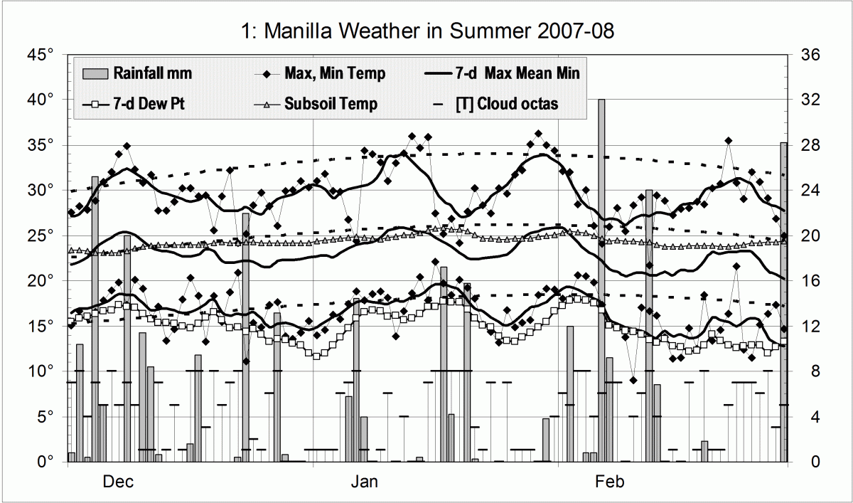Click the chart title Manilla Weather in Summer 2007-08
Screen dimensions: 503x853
pyautogui.click(x=426, y=31)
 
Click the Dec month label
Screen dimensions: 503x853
pyautogui.click(x=117, y=482)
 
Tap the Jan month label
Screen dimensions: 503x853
pyautogui.click(x=363, y=482)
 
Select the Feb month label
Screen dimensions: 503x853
pyautogui.click(x=609, y=482)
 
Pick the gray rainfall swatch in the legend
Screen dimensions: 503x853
pyautogui.click(x=95, y=73)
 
